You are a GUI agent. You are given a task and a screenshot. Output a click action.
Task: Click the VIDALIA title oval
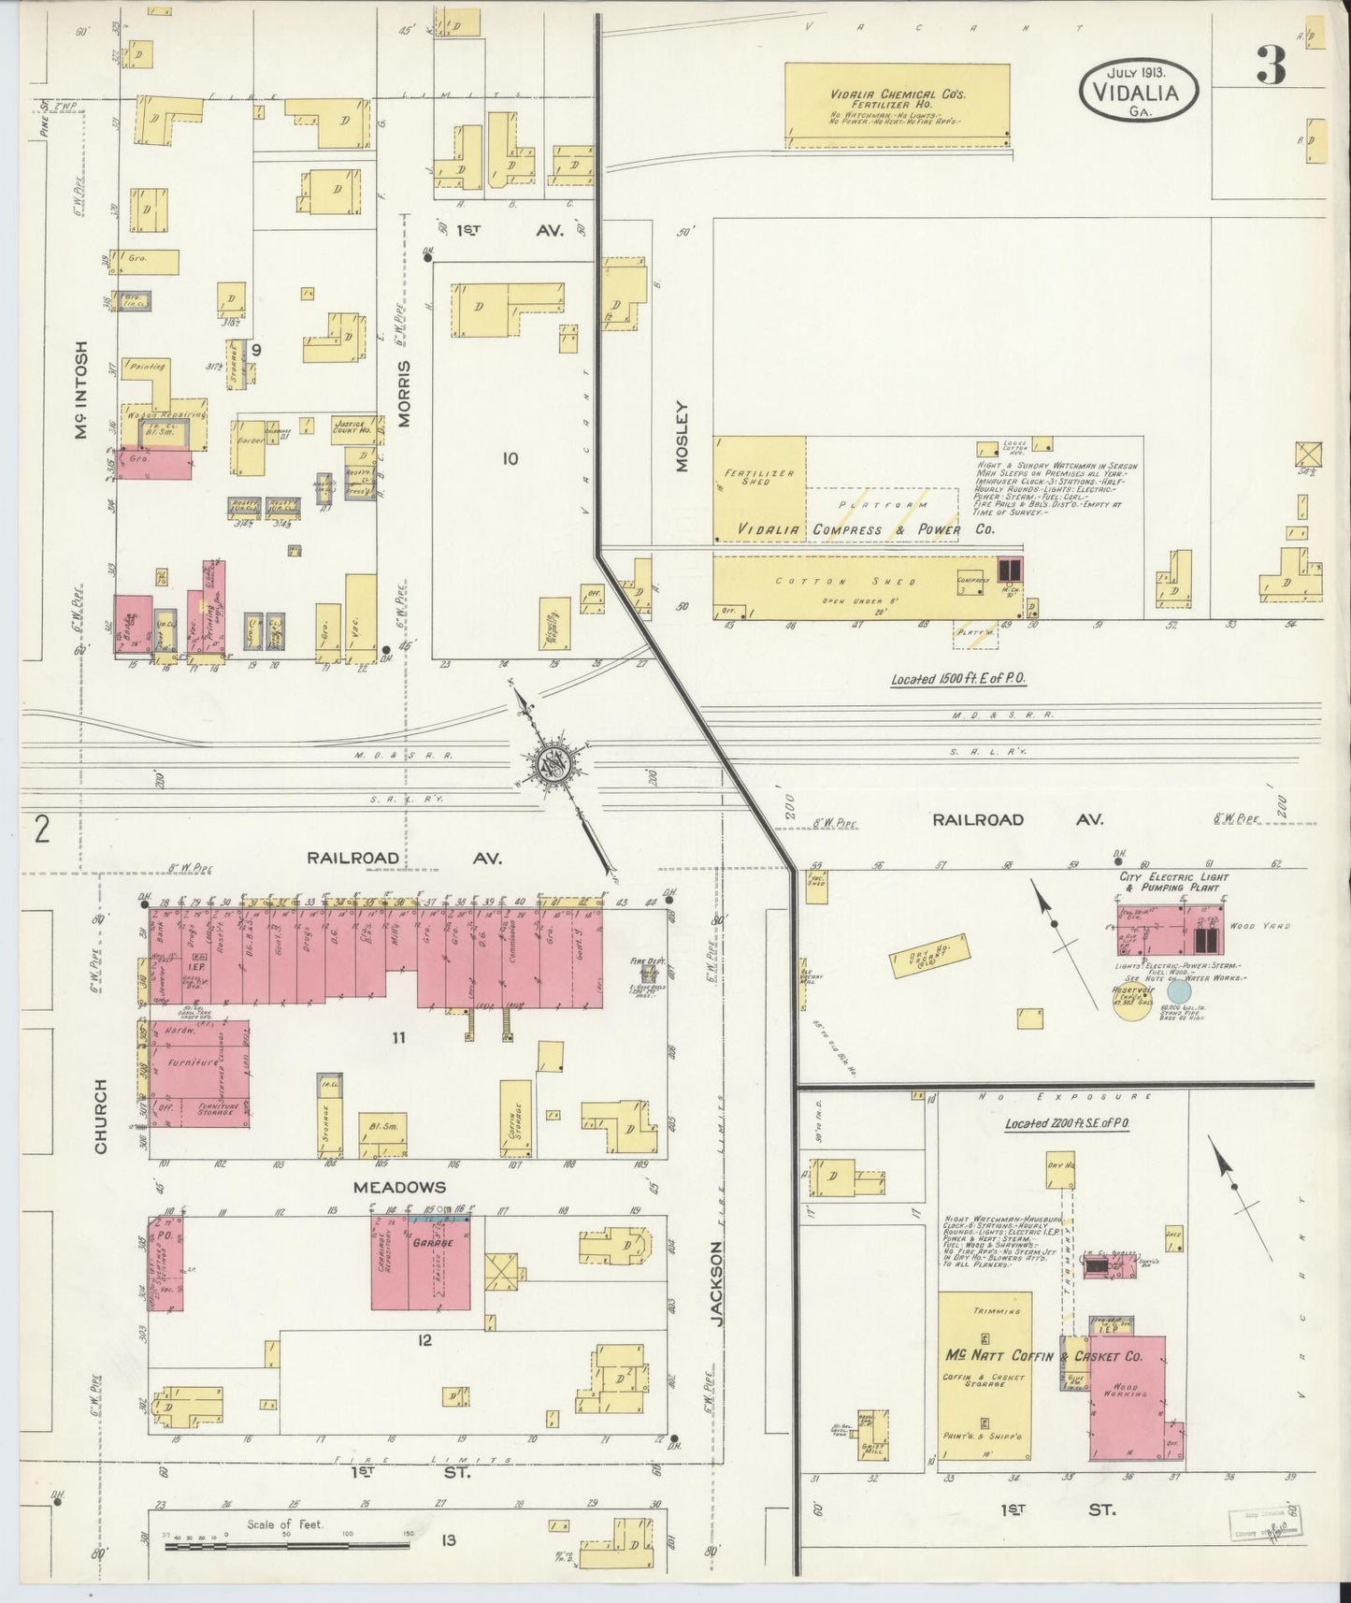coord(1139,91)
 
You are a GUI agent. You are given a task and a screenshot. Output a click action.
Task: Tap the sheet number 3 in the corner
coord(1271,65)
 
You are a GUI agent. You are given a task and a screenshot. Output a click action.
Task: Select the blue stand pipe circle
coord(1179,990)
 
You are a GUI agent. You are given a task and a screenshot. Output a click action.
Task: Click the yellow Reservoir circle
coord(1130,1000)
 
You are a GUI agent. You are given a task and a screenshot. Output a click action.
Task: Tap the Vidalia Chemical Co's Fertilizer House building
coord(897,106)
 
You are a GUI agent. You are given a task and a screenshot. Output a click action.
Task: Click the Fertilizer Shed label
coord(759,477)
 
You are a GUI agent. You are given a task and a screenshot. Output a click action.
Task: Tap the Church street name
coord(101,1116)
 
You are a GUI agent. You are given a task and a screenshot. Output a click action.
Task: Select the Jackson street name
coord(717,1282)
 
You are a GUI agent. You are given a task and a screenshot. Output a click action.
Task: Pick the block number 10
coord(510,458)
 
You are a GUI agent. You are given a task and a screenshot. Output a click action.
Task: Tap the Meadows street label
coord(399,1187)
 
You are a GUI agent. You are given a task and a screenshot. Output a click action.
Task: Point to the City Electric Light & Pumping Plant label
coord(1173,882)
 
